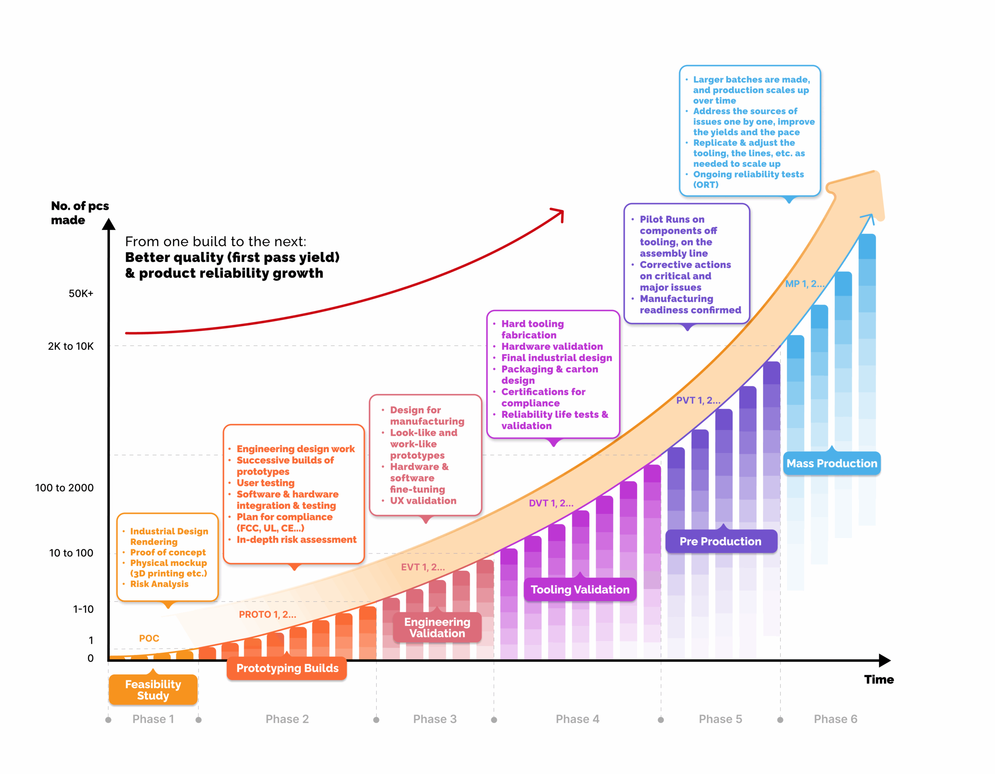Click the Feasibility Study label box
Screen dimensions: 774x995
pos(153,690)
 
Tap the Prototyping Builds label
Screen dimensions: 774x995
pos(287,668)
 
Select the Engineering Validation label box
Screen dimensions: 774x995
pos(437,627)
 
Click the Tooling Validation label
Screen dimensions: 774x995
pos(580,589)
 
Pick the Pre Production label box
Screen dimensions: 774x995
pos(720,541)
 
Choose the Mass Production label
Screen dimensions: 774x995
pos(831,463)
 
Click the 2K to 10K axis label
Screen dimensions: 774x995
pos(71,346)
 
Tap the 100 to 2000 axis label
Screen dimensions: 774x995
pos(64,487)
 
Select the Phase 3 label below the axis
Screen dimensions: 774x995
pos(435,719)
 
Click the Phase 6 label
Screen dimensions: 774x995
pos(835,719)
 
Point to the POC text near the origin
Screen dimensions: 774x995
pos(149,638)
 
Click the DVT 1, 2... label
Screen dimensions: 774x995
pos(551,503)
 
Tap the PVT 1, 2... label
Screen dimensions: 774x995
pos(698,400)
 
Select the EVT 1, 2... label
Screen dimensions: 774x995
pos(423,567)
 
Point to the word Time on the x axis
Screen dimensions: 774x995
pos(879,679)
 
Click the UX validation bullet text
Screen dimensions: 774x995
pos(423,501)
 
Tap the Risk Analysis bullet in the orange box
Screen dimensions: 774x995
pos(159,584)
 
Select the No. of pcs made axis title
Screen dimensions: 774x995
pos(80,213)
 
